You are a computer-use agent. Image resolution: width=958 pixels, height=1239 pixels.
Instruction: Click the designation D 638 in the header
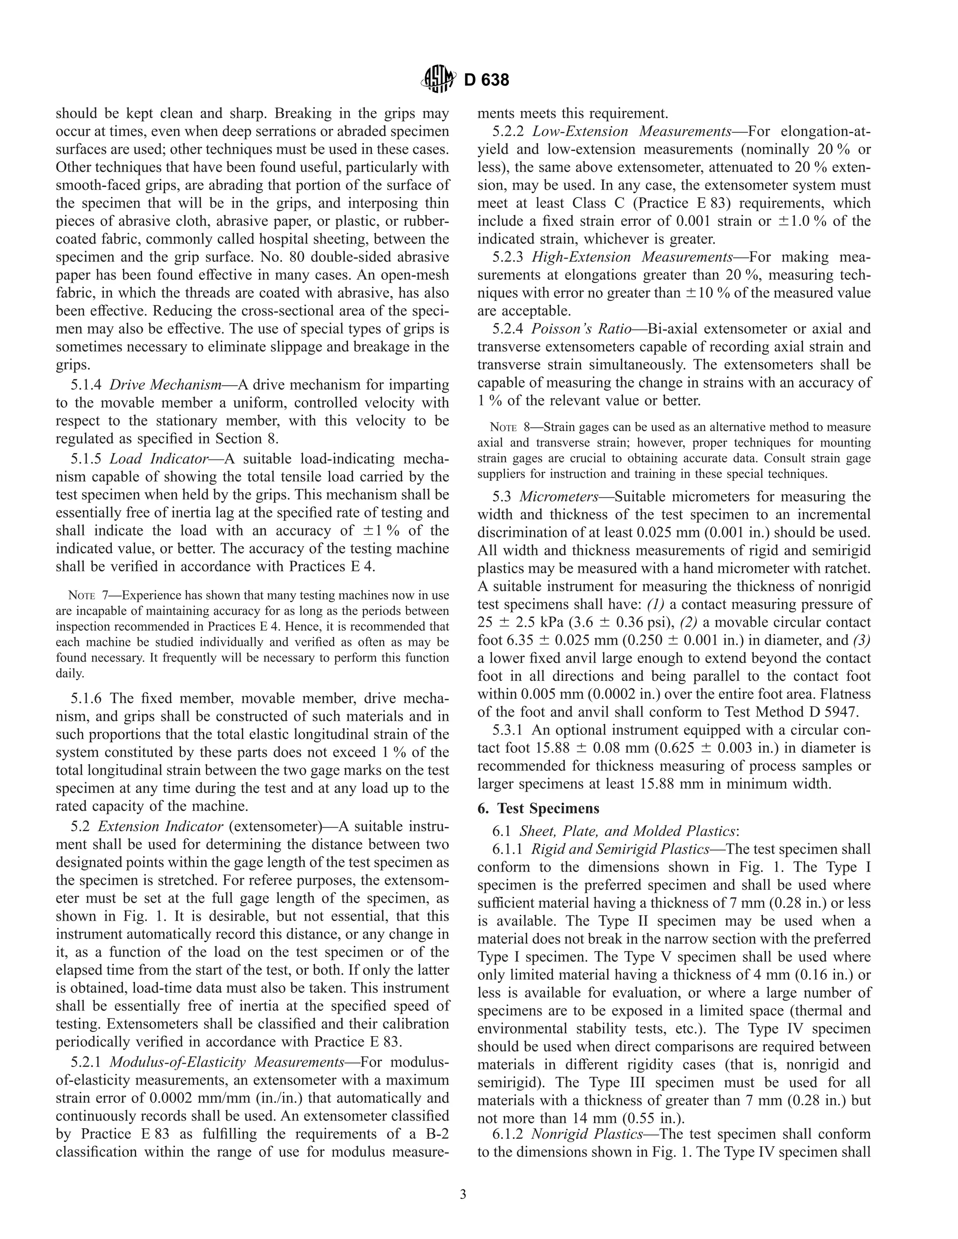pyautogui.click(x=486, y=80)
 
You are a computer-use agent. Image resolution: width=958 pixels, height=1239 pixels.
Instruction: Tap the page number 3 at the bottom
pyautogui.click(x=463, y=1194)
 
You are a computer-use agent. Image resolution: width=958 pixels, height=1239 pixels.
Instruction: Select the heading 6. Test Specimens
pyautogui.click(x=538, y=808)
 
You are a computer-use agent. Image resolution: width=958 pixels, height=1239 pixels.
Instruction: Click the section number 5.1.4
pyautogui.click(x=86, y=385)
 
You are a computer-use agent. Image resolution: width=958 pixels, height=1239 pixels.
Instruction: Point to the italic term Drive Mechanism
pyautogui.click(x=165, y=385)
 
